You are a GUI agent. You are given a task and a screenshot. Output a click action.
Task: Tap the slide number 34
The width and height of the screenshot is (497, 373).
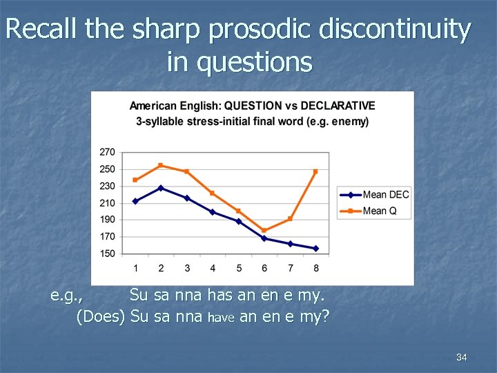[462, 357]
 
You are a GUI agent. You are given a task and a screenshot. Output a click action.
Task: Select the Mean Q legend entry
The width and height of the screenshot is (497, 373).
[379, 211]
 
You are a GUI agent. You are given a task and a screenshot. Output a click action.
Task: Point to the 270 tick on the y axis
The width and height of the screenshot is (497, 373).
[108, 152]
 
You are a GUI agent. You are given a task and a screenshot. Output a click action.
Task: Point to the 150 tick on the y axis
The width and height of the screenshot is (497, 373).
[108, 254]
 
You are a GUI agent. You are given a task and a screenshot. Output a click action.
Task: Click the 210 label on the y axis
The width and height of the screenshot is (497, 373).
[108, 203]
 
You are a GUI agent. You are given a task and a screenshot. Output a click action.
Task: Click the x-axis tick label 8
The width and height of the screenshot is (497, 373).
[316, 268]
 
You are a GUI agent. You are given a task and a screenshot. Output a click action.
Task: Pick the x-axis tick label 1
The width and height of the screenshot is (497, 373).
[135, 268]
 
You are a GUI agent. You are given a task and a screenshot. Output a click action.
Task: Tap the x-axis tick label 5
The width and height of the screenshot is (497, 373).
[239, 268]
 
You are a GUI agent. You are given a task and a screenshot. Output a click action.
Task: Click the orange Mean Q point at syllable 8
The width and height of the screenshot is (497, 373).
[316, 171]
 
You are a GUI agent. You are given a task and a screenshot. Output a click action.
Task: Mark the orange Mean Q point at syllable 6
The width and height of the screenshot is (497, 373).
[264, 231]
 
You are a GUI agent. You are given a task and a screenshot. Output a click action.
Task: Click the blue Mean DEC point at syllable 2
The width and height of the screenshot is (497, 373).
[161, 188]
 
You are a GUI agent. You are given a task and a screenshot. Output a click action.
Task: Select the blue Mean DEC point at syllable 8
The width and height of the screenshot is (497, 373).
[316, 248]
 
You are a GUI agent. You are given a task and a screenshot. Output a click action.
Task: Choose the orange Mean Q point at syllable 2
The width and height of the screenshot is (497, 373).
[161, 165]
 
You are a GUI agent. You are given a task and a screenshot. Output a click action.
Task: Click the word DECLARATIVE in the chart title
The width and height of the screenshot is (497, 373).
[338, 106]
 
